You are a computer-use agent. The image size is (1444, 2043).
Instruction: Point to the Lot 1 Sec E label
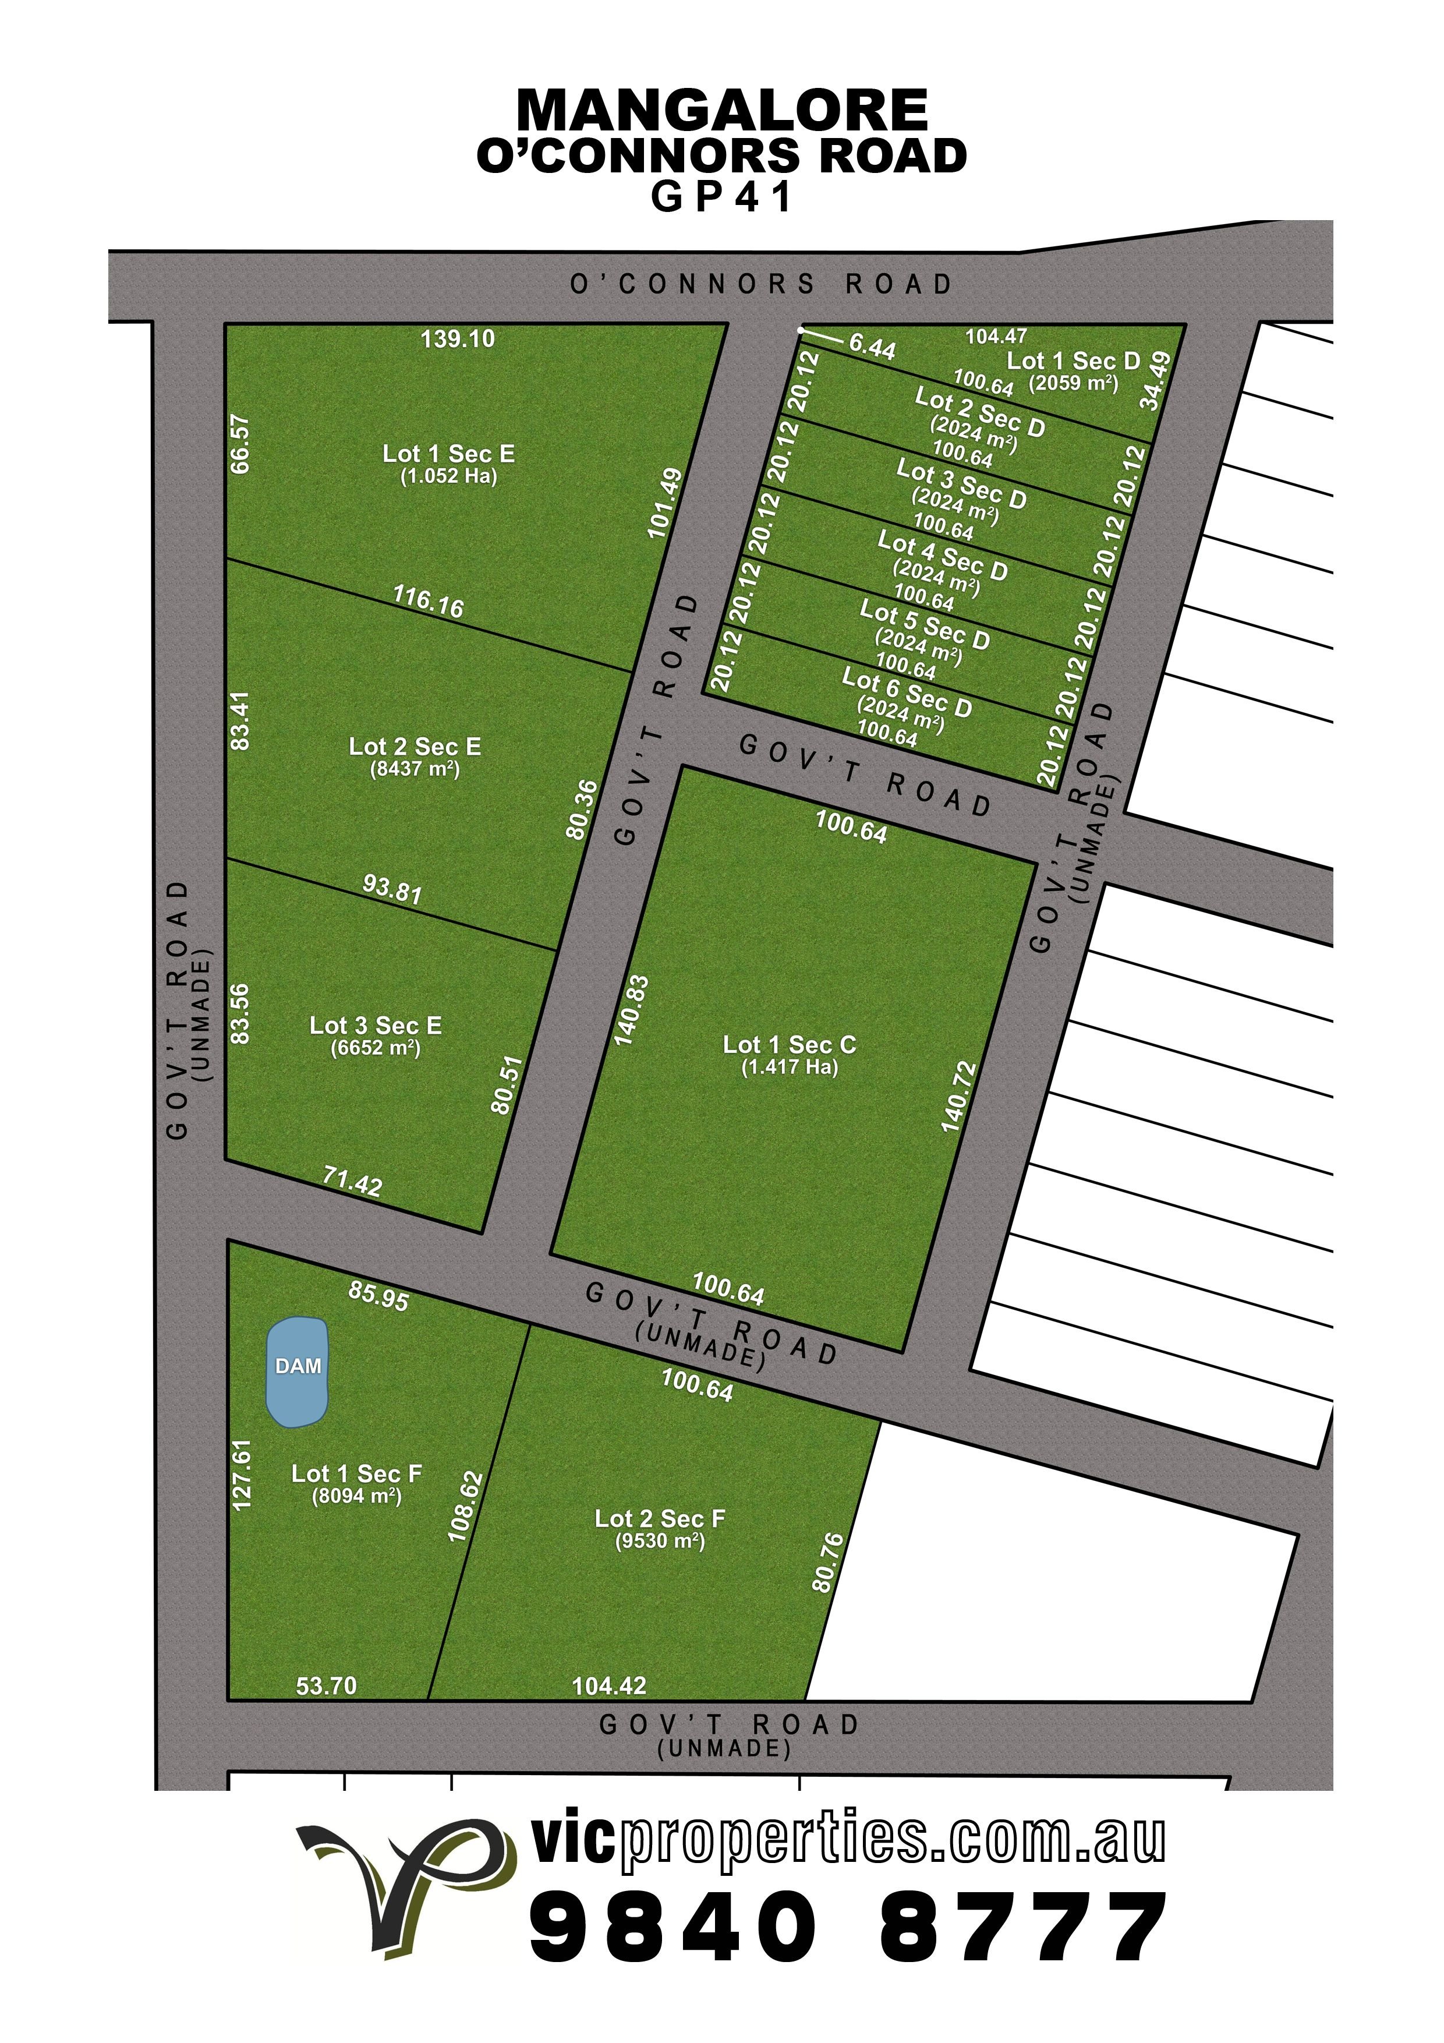coord(448,454)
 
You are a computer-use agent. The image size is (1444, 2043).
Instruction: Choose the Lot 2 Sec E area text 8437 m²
coord(415,769)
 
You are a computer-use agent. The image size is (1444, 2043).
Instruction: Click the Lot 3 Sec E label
coord(376,1025)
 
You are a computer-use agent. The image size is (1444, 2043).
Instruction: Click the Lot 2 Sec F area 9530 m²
coord(660,1540)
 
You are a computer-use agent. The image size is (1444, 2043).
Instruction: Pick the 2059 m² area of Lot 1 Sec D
coord(1073,384)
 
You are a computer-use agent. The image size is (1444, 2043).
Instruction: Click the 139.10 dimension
coord(457,339)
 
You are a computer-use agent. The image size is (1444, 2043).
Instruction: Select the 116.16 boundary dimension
coord(428,602)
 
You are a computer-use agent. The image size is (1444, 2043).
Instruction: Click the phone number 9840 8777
coord(847,1928)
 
